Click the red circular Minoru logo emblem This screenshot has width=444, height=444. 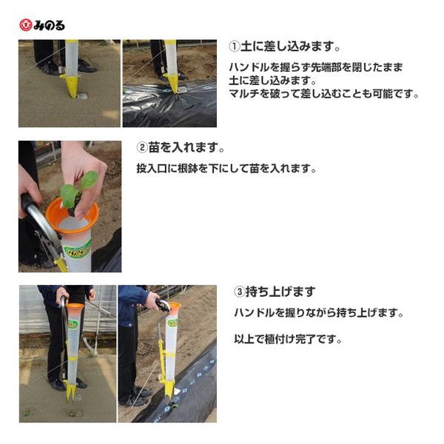click(x=25, y=25)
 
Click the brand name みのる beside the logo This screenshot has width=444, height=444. click(x=49, y=25)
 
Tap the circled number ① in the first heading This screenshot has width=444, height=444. click(x=235, y=47)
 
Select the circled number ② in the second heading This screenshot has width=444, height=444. click(x=142, y=147)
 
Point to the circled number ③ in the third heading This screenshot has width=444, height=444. click(x=239, y=292)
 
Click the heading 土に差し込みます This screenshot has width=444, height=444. click(x=290, y=47)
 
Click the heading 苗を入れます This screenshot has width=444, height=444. click(x=186, y=147)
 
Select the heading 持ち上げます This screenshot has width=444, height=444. click(x=280, y=292)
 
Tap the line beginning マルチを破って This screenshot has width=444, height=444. click(x=323, y=94)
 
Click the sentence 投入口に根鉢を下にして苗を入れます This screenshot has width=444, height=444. click(x=226, y=169)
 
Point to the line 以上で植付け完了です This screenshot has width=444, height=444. click(x=288, y=339)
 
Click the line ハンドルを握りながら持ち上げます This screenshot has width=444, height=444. click(x=318, y=313)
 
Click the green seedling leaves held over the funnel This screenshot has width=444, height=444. click(x=78, y=188)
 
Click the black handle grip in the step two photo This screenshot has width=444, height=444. click(x=28, y=203)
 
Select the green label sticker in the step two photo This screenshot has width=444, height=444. click(x=77, y=250)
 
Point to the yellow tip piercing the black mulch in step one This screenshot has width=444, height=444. click(x=172, y=83)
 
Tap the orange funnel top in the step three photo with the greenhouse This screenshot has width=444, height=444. click(x=75, y=306)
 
